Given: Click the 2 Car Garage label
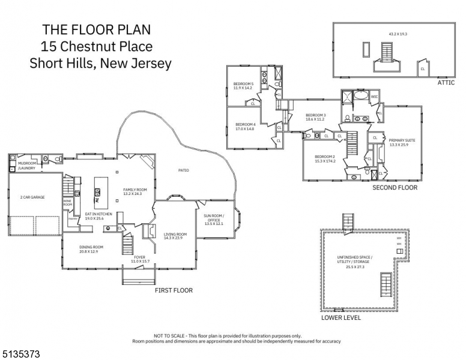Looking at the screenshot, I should pyautogui.click(x=32, y=197).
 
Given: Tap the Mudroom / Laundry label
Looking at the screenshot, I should pyautogui.click(x=27, y=166).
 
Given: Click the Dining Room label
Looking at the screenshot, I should pyautogui.click(x=92, y=249).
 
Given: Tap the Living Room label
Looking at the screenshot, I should pyautogui.click(x=175, y=236).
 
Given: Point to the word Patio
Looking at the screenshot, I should pyautogui.click(x=184, y=170).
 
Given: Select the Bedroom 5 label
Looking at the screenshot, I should pyautogui.click(x=243, y=85).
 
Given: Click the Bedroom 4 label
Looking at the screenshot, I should pyautogui.click(x=244, y=126).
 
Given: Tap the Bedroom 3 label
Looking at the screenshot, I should pyautogui.click(x=315, y=117).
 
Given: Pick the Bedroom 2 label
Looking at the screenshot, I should pyautogui.click(x=325, y=158).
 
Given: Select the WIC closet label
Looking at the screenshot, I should pyautogui.click(x=374, y=96).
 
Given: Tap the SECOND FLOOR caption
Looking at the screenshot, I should pyautogui.click(x=395, y=188).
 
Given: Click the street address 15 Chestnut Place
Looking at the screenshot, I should pyautogui.click(x=96, y=46).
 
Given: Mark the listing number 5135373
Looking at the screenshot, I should pyautogui.click(x=20, y=355).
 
